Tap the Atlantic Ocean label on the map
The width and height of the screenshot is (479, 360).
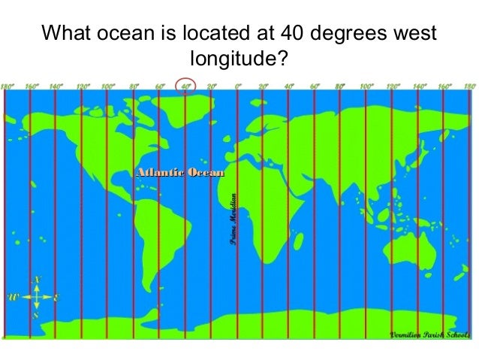179,174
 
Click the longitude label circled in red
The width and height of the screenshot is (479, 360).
185,86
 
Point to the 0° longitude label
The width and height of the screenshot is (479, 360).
237,86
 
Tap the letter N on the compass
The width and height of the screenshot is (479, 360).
35,280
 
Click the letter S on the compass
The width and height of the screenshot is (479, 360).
35,316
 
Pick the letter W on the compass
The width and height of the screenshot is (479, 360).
13,298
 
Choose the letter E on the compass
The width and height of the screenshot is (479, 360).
56,298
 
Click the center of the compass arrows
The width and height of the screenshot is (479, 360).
35,298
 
